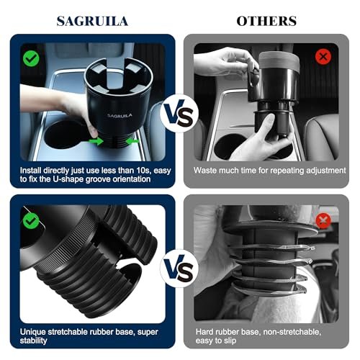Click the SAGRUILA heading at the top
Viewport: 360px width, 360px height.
(x=92, y=21)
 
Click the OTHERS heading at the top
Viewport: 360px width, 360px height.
(x=266, y=21)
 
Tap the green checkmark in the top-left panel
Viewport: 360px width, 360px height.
(x=31, y=58)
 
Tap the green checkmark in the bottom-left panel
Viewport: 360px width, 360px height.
(x=31, y=221)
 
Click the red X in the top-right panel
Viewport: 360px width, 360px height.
(x=323, y=57)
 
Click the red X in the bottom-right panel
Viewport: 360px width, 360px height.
(x=323, y=220)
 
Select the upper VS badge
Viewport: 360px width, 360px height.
(x=179, y=113)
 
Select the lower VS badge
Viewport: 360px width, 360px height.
(x=179, y=269)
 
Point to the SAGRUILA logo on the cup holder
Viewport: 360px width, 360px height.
(x=120, y=116)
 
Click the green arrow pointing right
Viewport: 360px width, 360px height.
(x=96, y=141)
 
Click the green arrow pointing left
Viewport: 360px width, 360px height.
(x=132, y=141)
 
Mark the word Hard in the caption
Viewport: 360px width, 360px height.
(x=204, y=332)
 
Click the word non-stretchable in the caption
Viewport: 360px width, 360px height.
(x=292, y=332)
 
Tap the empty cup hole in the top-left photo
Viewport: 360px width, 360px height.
(x=65, y=135)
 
